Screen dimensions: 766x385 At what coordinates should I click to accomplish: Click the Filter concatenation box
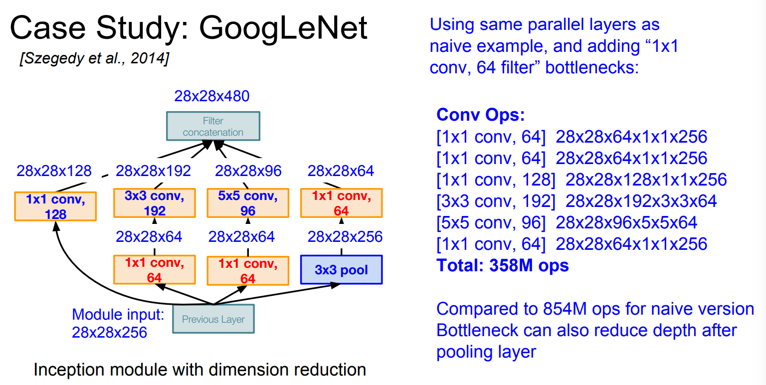click(213, 126)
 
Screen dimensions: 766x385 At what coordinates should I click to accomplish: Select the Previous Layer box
click(213, 319)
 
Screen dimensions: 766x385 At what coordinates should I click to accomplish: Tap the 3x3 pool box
click(341, 270)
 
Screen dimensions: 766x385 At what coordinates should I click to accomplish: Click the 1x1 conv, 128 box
click(55, 206)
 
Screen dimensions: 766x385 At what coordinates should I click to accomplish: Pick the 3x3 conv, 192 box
click(155, 203)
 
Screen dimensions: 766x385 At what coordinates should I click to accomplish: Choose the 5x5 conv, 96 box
click(248, 203)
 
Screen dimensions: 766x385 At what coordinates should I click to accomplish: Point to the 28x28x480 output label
click(212, 96)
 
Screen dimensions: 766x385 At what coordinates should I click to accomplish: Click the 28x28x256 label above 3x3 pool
click(345, 236)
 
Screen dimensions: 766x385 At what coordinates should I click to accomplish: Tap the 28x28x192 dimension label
click(153, 171)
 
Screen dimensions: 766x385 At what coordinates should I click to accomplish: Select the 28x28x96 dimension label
click(248, 171)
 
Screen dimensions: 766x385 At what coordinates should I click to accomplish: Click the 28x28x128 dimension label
click(54, 171)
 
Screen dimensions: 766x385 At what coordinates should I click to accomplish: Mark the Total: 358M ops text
click(502, 265)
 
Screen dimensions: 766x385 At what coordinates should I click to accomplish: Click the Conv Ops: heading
click(480, 115)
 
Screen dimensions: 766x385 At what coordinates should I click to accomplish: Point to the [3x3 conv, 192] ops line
click(576, 201)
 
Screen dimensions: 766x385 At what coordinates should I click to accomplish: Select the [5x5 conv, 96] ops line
click(567, 222)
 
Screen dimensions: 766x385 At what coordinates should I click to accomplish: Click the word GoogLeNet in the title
click(283, 28)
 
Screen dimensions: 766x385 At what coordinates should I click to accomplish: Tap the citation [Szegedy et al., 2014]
click(94, 58)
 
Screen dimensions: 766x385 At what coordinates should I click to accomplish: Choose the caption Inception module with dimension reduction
click(199, 370)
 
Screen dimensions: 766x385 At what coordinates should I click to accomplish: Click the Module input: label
click(118, 314)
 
